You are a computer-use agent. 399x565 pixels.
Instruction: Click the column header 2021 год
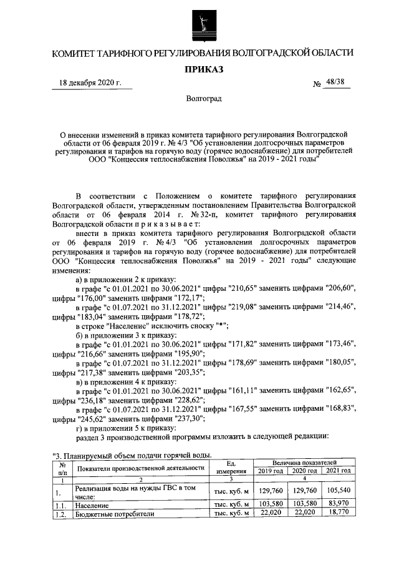click(x=337, y=471)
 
